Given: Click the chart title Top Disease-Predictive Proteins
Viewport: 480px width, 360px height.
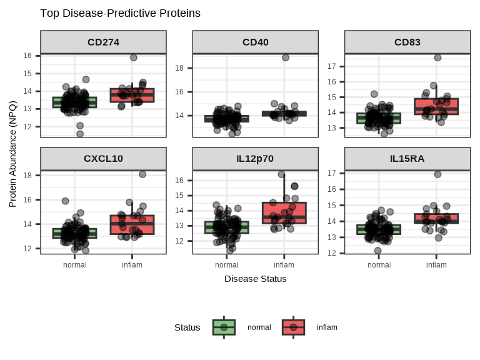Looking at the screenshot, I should tap(120, 13).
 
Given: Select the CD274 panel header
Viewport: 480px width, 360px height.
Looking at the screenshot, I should tap(104, 42).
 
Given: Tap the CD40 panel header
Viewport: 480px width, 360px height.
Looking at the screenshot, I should tap(256, 42).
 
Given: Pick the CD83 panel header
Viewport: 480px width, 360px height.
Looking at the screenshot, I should tap(407, 42).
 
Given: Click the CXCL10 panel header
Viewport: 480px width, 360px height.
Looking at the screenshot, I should tap(104, 158).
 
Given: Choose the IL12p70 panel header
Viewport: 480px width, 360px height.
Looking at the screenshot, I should tap(256, 158).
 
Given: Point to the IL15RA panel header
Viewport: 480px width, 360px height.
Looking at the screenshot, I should tap(407, 158).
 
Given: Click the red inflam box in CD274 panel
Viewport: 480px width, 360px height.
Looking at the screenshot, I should tap(132, 96).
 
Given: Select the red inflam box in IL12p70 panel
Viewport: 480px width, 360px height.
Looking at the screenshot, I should tap(284, 213).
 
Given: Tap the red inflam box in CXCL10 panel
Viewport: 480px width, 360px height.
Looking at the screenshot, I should tap(132, 225).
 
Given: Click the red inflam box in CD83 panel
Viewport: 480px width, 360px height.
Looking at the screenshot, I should tap(436, 106).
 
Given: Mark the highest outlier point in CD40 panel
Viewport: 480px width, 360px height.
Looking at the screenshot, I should tap(286, 57).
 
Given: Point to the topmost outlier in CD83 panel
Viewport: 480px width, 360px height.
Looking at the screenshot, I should tap(438, 57).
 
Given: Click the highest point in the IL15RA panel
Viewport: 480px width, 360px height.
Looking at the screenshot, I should tap(437, 174).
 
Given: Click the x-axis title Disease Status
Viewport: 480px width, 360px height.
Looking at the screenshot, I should tap(256, 279).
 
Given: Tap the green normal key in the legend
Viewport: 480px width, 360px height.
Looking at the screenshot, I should tap(224, 327).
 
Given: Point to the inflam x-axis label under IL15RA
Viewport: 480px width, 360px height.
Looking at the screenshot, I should tap(436, 264).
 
